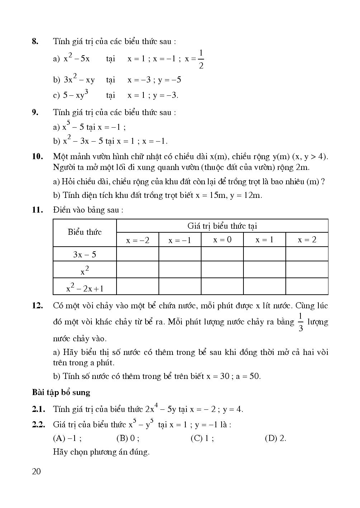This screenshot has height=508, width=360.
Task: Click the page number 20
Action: (x=36, y=471)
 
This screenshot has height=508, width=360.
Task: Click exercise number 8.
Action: (x=35, y=41)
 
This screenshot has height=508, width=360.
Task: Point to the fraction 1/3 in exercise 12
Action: (x=300, y=322)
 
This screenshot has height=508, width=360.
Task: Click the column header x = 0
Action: (x=222, y=239)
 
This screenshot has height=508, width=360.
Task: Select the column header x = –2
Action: (x=138, y=240)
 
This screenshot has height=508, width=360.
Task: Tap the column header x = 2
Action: (x=307, y=239)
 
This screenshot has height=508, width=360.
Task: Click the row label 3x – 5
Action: (x=85, y=255)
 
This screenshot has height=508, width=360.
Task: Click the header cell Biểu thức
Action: (x=85, y=232)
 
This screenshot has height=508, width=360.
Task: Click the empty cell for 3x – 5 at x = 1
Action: (x=265, y=254)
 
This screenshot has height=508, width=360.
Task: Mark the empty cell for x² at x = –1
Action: (x=180, y=270)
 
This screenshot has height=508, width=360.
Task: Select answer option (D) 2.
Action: (x=275, y=438)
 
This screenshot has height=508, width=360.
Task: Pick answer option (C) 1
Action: (x=202, y=438)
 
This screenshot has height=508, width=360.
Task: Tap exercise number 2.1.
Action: (x=38, y=409)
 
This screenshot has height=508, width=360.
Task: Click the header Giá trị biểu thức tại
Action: (x=222, y=226)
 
